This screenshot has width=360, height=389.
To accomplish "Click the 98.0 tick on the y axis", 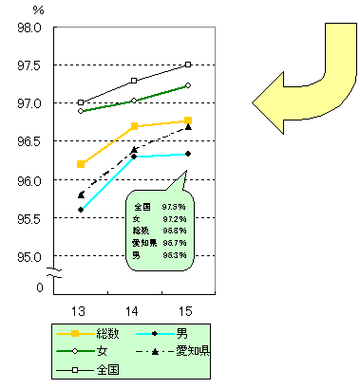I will pos(29,27).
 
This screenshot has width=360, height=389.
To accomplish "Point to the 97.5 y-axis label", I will pos(29,65).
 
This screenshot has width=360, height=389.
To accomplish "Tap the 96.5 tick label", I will pos(29,141).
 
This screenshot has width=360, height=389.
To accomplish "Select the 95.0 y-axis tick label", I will pos(29,256).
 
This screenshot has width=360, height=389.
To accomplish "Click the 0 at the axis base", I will pos(39,287).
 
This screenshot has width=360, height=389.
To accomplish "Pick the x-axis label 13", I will pos(81,309).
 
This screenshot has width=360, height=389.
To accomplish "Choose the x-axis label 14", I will pos(134,309).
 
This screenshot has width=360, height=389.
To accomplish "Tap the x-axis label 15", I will pos(187,309).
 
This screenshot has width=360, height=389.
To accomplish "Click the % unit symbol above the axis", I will pos(38,9).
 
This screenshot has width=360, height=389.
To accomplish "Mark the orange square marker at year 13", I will pos(81,164).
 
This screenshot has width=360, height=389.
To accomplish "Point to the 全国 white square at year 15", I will pos(188,65).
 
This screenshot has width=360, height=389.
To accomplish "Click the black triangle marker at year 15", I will pos(188,126).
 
